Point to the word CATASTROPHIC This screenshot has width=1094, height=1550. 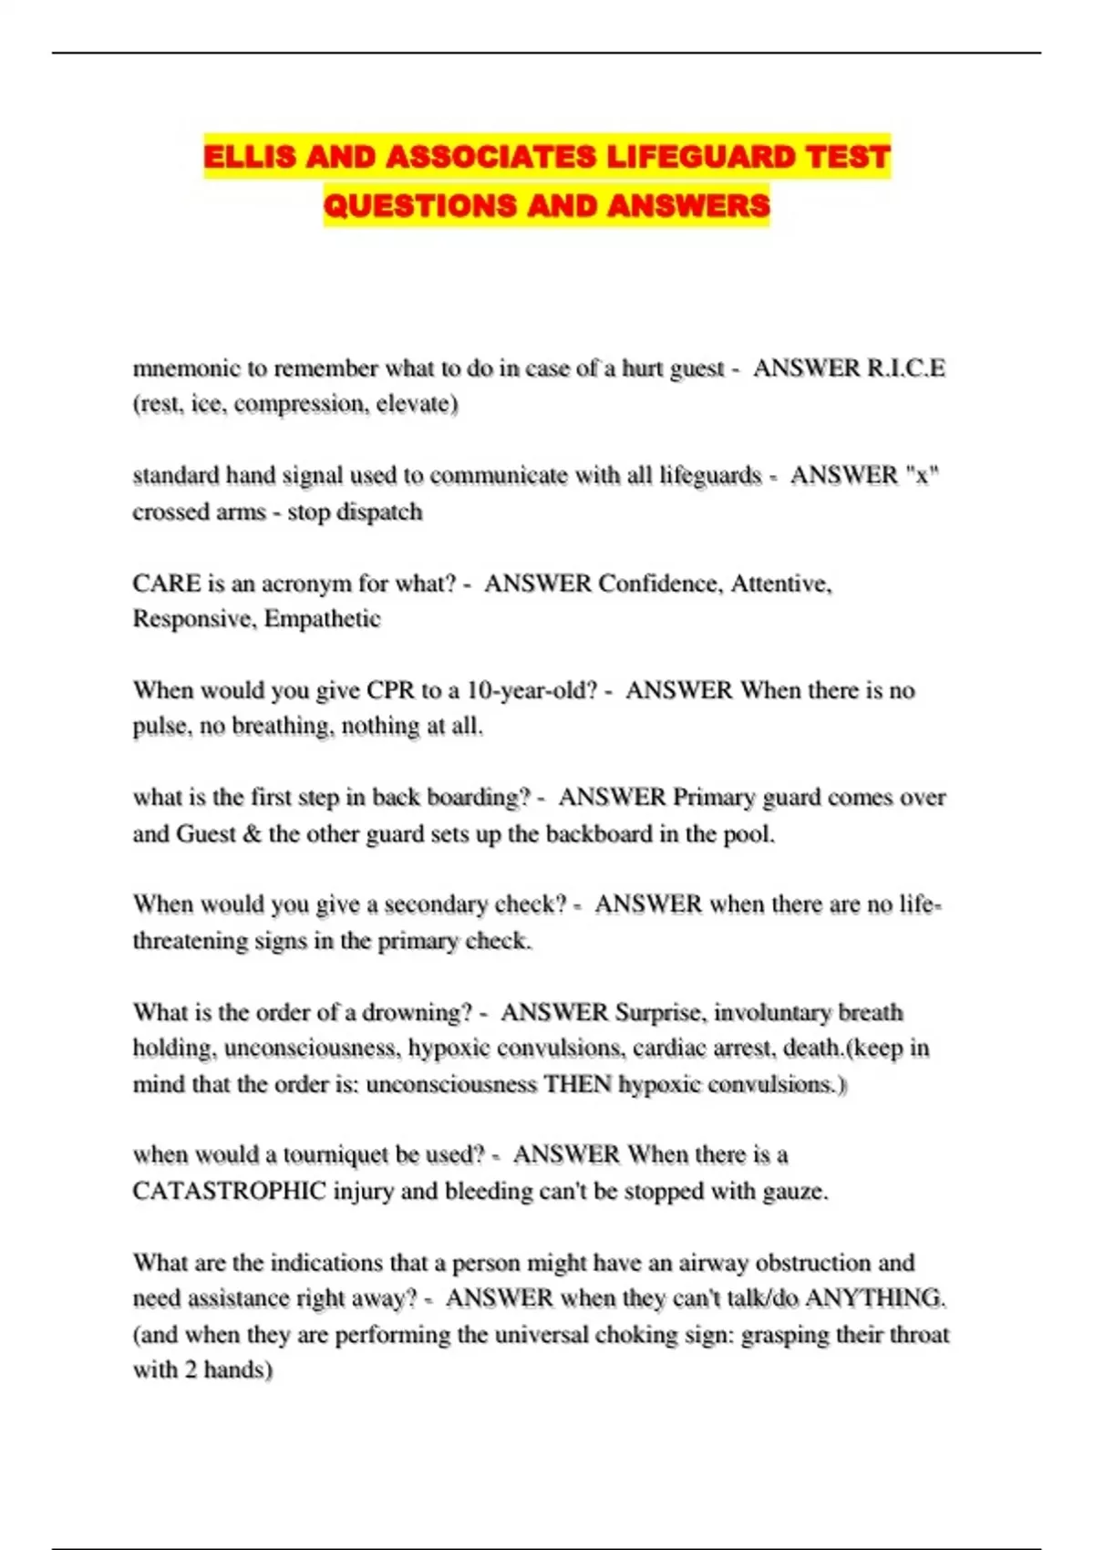230,1191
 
